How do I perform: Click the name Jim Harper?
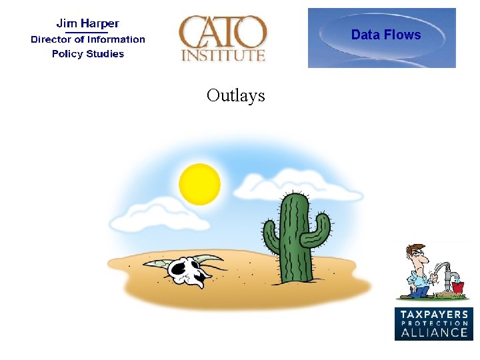point(87,24)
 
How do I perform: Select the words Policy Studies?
point(88,54)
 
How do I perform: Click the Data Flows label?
point(386,35)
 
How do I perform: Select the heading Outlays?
point(235,95)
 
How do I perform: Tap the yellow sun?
point(199,183)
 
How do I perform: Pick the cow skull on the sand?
point(187,270)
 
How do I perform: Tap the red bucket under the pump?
point(457,288)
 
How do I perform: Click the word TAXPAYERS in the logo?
point(434,315)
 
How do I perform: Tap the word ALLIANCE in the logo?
point(434,331)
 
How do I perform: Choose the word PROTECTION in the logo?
point(434,323)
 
